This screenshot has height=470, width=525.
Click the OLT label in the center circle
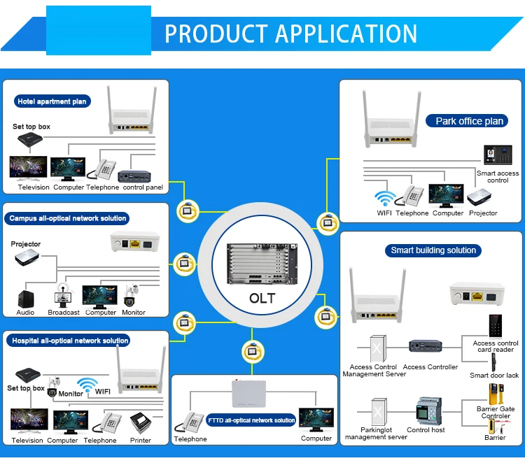pyautogui.click(x=262, y=298)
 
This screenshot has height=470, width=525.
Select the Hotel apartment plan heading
pyautogui.click(x=52, y=101)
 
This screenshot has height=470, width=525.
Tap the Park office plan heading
pyautogui.click(x=469, y=121)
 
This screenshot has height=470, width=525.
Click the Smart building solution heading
pyautogui.click(x=433, y=250)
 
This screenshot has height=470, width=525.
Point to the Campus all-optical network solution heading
pyautogui.click(x=68, y=218)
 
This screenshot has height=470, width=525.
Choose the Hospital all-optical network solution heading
pyautogui.click(x=69, y=341)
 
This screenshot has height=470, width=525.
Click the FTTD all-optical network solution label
pyautogui.click(x=251, y=420)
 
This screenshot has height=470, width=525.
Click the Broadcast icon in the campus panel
pyautogui.click(x=63, y=297)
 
